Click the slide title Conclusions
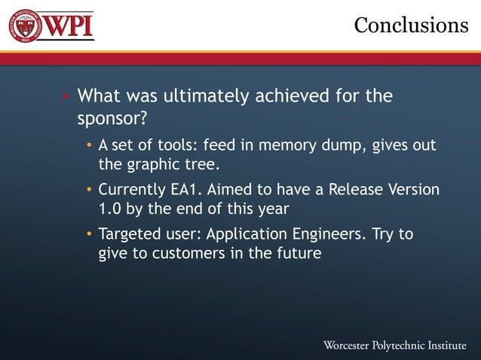[411, 25]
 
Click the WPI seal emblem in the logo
[25, 26]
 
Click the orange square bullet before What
[66, 97]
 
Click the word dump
[342, 145]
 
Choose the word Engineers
[334, 234]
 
